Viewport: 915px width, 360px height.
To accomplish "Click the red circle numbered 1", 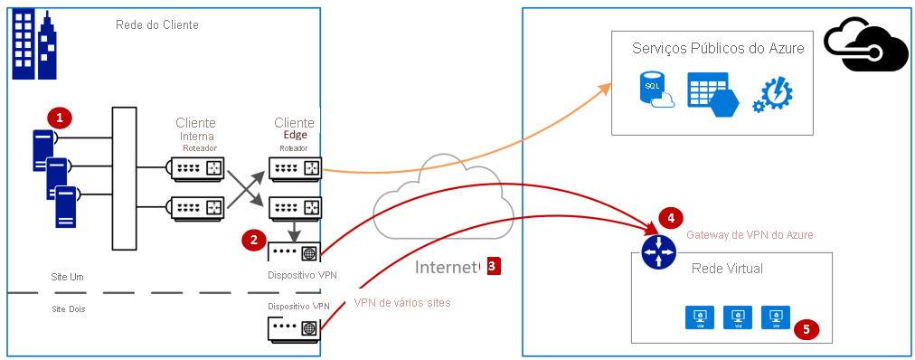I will [61, 117].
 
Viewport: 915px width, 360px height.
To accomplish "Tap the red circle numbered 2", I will [254, 240].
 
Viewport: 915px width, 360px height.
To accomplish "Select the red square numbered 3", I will [492, 266].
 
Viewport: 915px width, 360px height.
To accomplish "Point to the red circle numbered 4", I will [671, 218].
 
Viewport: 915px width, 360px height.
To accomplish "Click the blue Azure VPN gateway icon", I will [659, 251].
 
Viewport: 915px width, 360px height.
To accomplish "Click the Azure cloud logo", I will [866, 45].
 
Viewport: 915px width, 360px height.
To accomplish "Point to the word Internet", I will [446, 267].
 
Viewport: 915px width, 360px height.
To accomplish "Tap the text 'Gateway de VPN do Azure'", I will [750, 234].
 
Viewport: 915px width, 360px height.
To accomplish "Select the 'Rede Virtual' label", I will [726, 269].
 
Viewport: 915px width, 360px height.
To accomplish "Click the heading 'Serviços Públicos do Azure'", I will [718, 49].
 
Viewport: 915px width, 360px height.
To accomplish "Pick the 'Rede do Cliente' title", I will [156, 24].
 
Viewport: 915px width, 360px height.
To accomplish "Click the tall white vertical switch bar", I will [123, 178].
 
